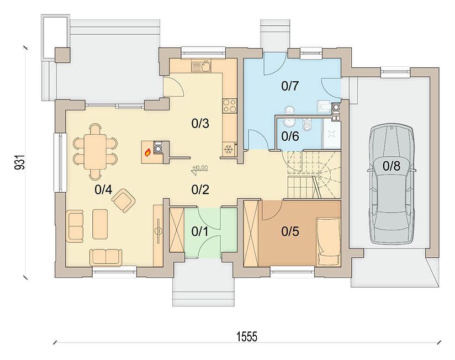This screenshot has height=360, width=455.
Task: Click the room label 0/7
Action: point(290,86)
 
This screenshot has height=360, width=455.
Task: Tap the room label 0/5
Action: point(290,231)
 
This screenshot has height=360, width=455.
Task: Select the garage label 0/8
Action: point(391,166)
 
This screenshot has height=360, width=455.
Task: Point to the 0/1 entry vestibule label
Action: point(200,231)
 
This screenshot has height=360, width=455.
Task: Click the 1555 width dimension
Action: point(247,337)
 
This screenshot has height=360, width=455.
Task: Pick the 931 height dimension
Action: point(20,162)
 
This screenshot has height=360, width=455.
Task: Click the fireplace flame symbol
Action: point(147,152)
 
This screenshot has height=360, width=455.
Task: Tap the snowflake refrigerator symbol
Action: point(229,150)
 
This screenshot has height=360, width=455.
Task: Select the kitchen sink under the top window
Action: point(202,66)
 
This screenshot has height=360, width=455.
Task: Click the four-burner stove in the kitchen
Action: point(230,105)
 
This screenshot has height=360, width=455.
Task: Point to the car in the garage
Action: point(391,184)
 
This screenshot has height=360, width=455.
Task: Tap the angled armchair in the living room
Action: point(124,200)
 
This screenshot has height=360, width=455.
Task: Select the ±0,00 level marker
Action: point(200,168)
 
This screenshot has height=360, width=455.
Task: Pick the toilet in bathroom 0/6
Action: point(306,124)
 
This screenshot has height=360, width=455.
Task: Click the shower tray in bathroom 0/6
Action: point(331,134)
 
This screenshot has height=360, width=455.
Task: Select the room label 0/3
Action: point(200,124)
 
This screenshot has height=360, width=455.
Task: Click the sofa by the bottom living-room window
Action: point(105,257)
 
